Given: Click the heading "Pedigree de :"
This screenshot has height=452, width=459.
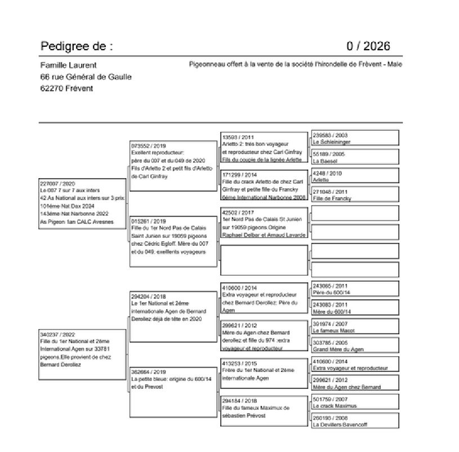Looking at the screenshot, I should coord(77,46).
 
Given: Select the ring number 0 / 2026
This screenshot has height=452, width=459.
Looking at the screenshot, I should coord(368,46).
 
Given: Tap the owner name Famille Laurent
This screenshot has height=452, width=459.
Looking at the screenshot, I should coord(69,65).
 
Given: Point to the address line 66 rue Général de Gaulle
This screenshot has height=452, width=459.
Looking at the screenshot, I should coord(86,77).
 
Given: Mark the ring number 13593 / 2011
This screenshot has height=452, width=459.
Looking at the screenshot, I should coord(238,138).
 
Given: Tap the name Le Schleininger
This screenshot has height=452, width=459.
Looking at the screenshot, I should coord(331,143).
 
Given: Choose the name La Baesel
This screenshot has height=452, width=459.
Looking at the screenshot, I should coord(324,161).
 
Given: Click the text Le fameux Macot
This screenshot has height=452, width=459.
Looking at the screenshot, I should coord(333,331).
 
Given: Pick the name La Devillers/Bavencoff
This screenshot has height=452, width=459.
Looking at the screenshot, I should coord(340,425).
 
